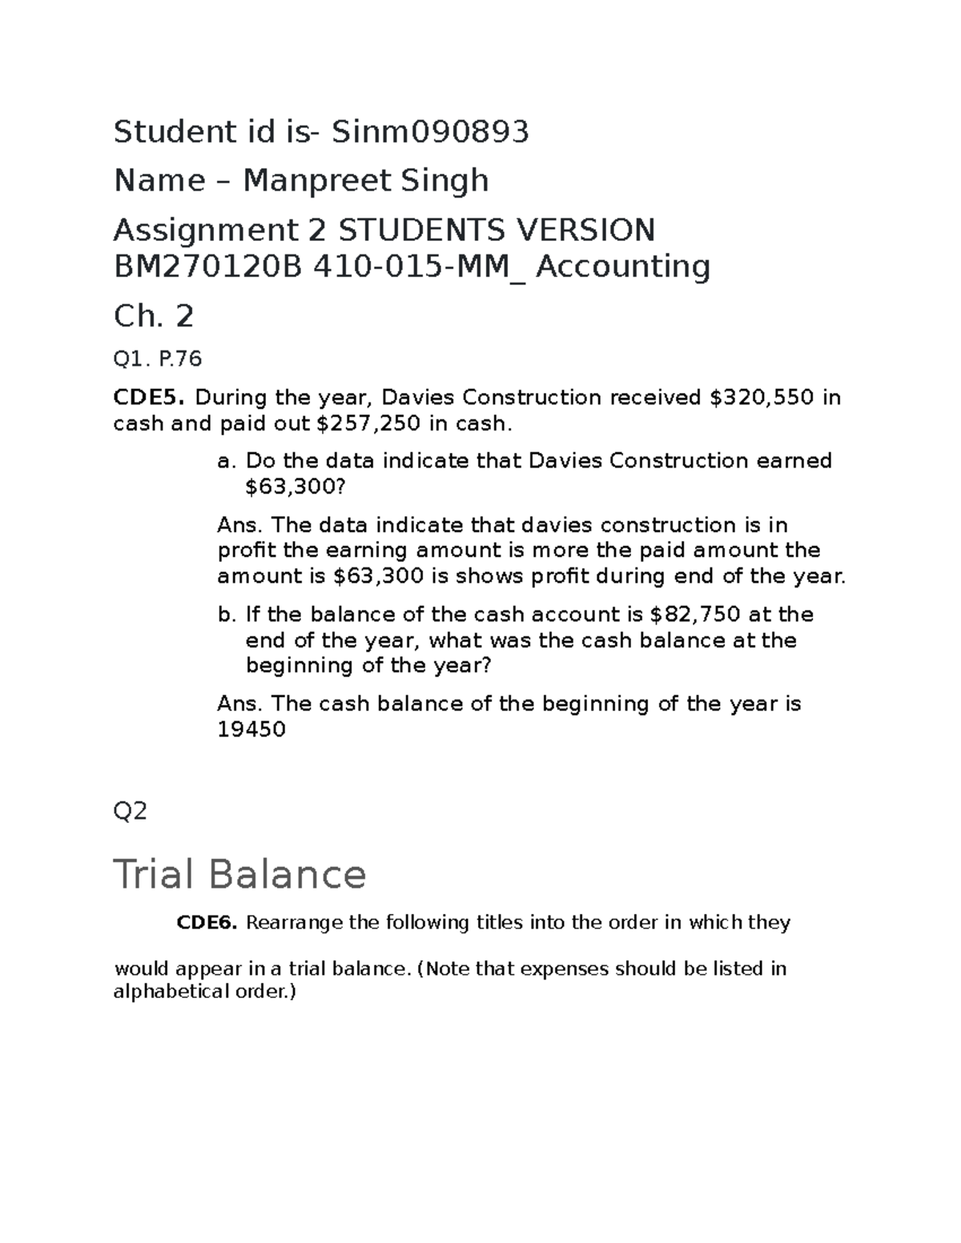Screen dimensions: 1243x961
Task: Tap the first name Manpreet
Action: pos(304,181)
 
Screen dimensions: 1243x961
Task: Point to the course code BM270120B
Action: pos(208,267)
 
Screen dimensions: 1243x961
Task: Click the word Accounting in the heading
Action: pos(622,267)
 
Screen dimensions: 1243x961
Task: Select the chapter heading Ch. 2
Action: pos(153,317)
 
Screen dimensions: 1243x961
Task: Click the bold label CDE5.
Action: pos(150,398)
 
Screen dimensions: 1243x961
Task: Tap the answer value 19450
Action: pos(251,729)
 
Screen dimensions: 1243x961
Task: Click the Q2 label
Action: pos(131,812)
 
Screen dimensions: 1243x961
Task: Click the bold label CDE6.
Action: pos(207,923)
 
